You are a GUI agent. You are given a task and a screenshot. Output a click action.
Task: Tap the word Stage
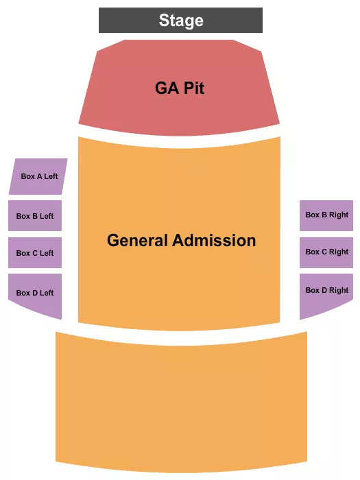[181, 21]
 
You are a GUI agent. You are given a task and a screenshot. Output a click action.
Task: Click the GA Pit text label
[179, 88]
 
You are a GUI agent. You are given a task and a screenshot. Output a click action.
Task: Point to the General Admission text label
[181, 241]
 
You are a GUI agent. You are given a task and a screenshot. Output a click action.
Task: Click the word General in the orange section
[137, 241]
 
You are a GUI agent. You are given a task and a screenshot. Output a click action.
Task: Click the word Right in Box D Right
[339, 290]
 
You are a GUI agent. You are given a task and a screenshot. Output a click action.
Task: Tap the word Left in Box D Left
[46, 293]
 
